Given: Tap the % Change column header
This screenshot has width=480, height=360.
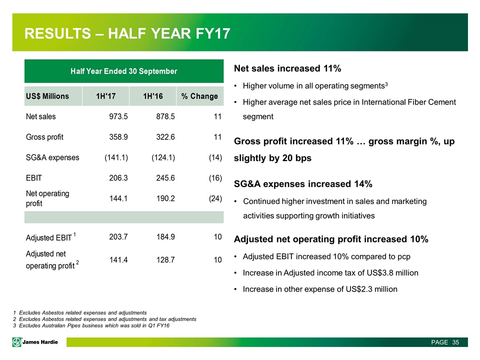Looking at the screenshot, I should pyautogui.click(x=199, y=96).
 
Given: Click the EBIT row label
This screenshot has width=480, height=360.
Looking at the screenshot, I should pyautogui.click(x=34, y=177).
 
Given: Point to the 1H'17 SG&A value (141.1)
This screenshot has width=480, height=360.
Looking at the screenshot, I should pyautogui.click(x=116, y=157).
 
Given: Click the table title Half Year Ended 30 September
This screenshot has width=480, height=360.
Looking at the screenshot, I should pyautogui.click(x=123, y=71).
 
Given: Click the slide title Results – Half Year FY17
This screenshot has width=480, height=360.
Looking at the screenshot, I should pyautogui.click(x=127, y=34).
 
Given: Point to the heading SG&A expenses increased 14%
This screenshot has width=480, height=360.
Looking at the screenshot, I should pyautogui.click(x=302, y=184).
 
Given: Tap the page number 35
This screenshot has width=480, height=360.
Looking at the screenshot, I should pyautogui.click(x=455, y=342).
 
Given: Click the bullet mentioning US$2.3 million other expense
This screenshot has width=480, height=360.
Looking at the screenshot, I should pyautogui.click(x=320, y=288).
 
